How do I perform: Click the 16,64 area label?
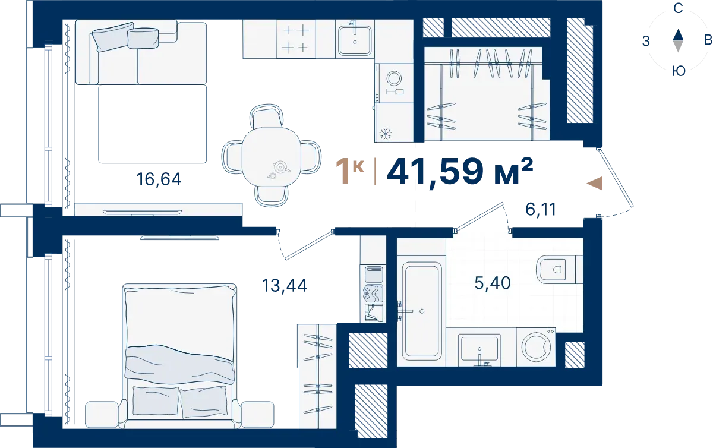point(159,179)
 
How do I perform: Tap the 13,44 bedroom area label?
point(284,285)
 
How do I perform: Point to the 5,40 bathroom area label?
point(493,283)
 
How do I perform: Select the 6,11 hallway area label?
point(541,209)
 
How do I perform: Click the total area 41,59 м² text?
point(460,172)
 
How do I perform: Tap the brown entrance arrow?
point(594,184)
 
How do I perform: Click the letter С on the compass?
point(678,8)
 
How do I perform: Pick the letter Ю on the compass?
point(679,71)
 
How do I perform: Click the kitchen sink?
point(355,40)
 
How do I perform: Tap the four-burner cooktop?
point(296,39)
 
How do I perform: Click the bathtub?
point(421,311)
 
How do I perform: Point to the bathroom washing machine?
point(536,347)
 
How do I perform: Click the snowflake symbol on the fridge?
point(386,134)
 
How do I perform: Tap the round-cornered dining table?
point(272,156)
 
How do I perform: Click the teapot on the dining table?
point(280,166)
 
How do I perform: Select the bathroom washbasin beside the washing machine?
point(479,349)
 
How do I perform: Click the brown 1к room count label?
point(350,172)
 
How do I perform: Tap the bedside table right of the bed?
point(257,415)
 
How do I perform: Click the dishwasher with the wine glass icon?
point(394,83)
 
